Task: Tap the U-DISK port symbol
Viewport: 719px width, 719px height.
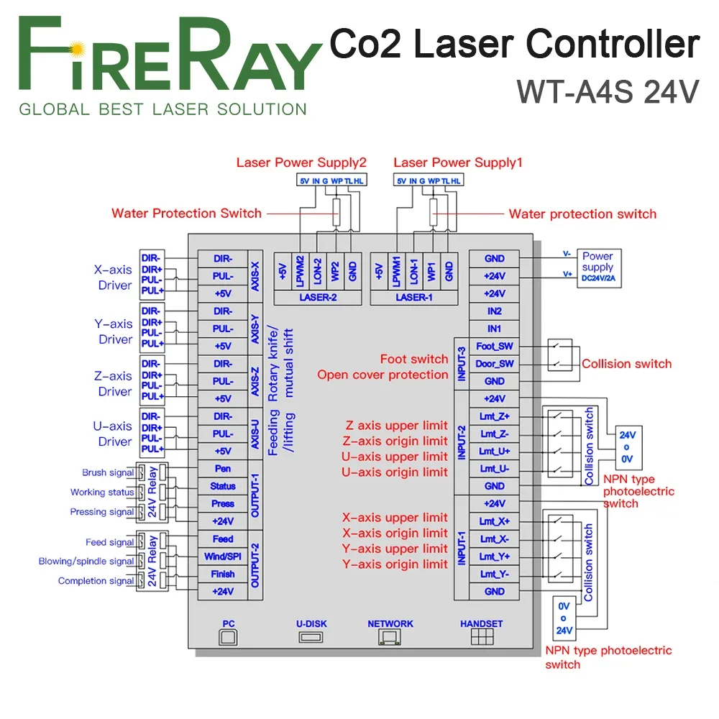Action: click(x=311, y=636)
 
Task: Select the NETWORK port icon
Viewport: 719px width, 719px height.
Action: click(x=390, y=636)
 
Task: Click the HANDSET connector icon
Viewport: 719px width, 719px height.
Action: click(x=481, y=636)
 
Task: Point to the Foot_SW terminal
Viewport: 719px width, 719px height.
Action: click(x=495, y=346)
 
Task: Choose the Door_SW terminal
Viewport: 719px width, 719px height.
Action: click(x=495, y=364)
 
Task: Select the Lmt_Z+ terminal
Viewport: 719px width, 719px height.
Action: click(x=495, y=416)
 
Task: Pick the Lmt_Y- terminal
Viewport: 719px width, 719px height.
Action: click(x=495, y=574)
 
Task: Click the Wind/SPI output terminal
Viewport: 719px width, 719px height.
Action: click(x=223, y=557)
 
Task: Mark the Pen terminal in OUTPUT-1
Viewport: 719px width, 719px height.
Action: click(x=223, y=469)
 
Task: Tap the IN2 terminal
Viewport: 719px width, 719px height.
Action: click(x=495, y=311)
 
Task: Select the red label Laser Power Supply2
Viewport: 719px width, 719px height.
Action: click(x=301, y=162)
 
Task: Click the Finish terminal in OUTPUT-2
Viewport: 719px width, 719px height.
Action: click(x=223, y=574)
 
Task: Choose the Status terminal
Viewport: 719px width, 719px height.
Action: click(x=223, y=486)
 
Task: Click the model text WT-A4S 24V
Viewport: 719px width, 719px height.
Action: click(x=608, y=91)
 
